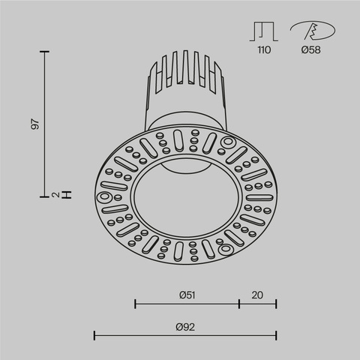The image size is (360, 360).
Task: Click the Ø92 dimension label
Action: pos(185,326)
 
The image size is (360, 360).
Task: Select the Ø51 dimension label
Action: pos(187,295)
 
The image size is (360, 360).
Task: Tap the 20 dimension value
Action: pos(258,295)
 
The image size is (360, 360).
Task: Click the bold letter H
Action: pos(67,195)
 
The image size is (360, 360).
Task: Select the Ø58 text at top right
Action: pos(312,50)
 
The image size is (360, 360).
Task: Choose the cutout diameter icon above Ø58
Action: pos(310,31)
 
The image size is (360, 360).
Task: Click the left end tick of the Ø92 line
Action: pos(94,335)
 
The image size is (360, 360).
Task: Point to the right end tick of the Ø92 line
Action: pos(277,335)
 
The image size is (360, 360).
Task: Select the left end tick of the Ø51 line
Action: pos(135,304)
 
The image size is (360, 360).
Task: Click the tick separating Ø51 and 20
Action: pos(239,304)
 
